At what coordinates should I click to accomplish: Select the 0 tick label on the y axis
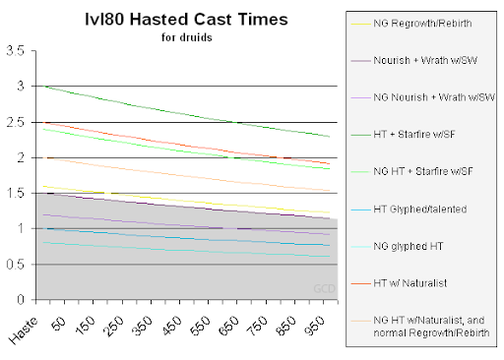(x=22, y=299)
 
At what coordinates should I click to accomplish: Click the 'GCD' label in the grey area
(x=321, y=288)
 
